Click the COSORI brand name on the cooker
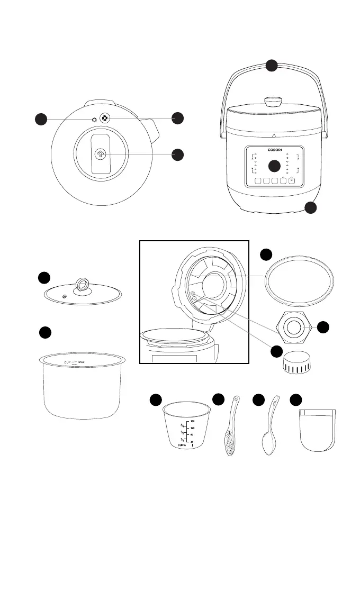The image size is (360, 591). (273, 150)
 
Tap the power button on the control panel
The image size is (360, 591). (292, 180)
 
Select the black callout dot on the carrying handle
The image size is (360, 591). (272, 66)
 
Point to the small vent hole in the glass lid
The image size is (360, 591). (64, 297)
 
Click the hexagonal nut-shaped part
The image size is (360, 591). (292, 329)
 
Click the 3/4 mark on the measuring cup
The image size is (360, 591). (182, 425)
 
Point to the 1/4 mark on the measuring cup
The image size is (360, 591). (182, 440)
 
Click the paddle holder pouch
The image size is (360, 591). (317, 429)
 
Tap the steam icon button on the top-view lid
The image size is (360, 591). (101, 154)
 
